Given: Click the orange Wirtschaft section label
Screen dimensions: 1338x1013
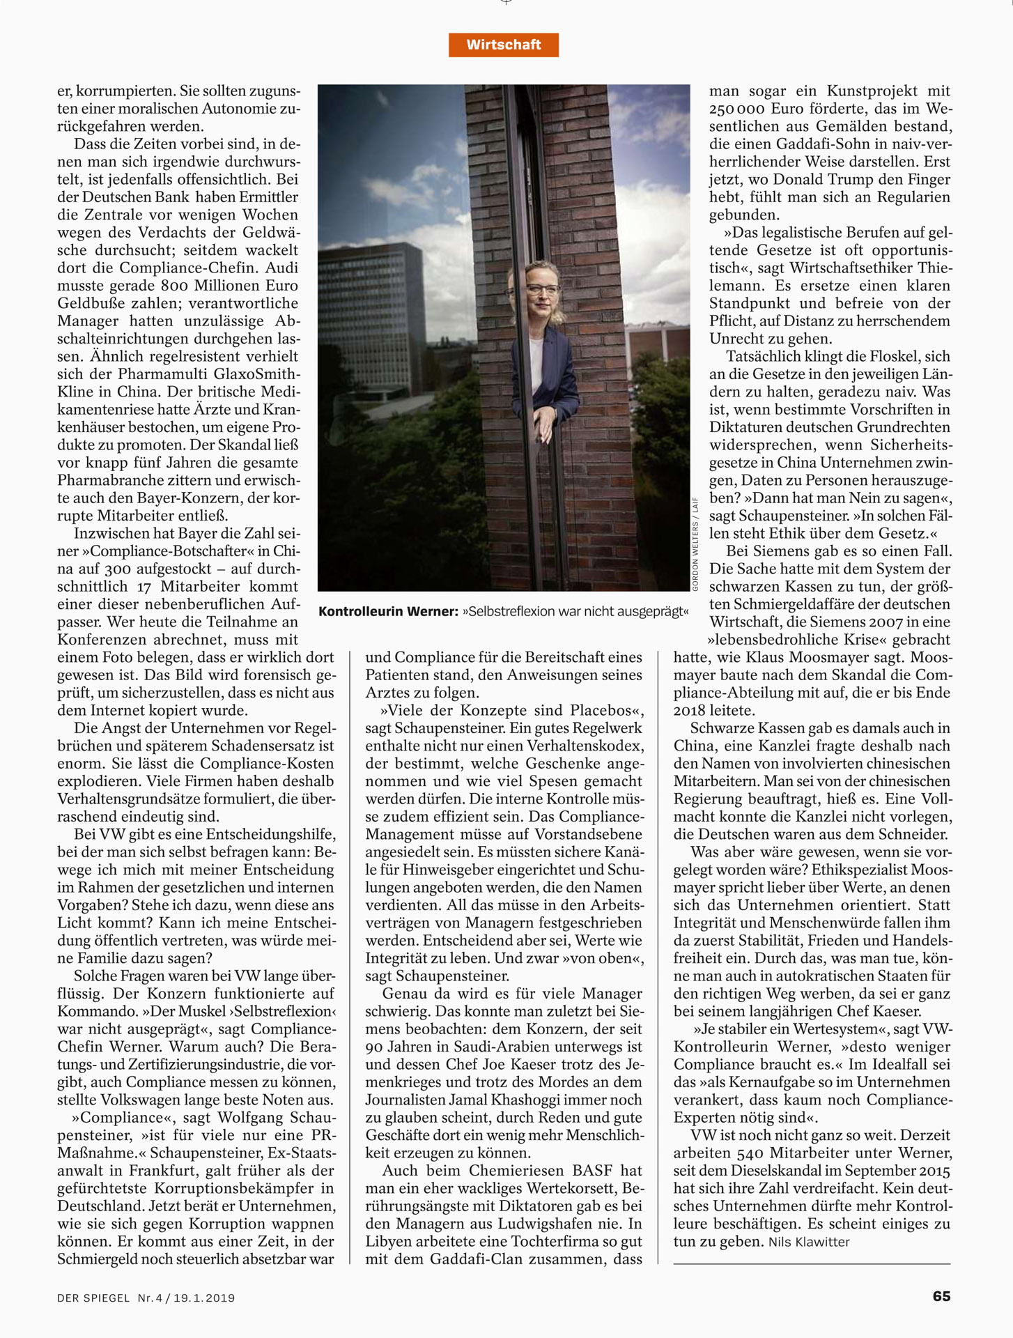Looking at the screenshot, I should (x=503, y=45).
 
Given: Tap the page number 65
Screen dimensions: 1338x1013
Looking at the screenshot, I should (x=941, y=1296).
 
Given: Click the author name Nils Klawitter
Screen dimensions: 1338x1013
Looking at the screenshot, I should (x=809, y=1242).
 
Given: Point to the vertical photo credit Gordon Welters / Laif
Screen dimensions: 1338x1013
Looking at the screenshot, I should (x=695, y=544).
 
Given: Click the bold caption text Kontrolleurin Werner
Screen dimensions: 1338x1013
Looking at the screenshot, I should (x=388, y=612).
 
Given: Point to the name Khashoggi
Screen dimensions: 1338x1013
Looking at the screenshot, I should (x=511, y=1100).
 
